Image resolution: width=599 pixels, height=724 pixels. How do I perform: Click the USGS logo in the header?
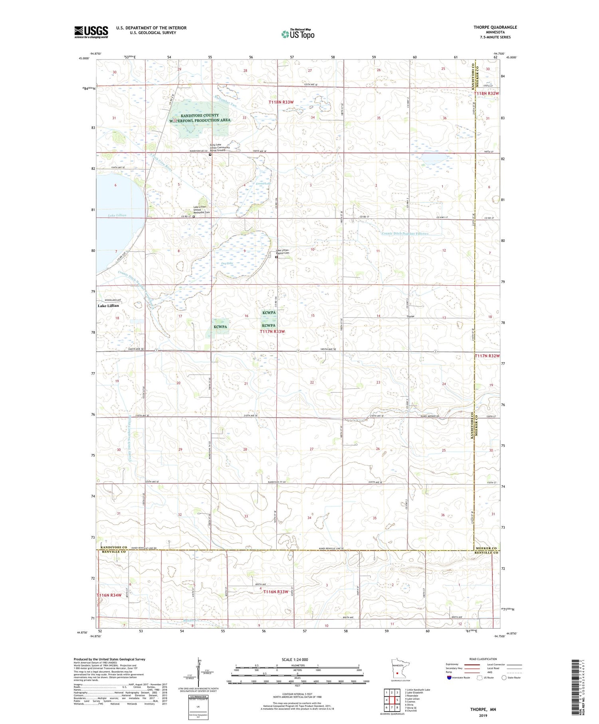pos(91,32)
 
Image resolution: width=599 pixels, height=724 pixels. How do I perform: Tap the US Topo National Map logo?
pos(298,34)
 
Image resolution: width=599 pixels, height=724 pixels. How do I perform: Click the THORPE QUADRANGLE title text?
pos(495,27)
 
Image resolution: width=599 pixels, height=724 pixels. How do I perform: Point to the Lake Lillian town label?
pos(108,306)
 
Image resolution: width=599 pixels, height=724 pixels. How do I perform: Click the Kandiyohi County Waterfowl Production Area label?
pos(205,118)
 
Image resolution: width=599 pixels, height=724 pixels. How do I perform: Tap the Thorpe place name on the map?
pos(410,316)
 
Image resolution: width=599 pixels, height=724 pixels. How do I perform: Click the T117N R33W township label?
pos(272,332)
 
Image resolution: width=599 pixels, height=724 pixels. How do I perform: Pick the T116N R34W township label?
pos(109,595)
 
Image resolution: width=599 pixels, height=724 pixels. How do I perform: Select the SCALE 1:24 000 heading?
pos(298,659)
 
